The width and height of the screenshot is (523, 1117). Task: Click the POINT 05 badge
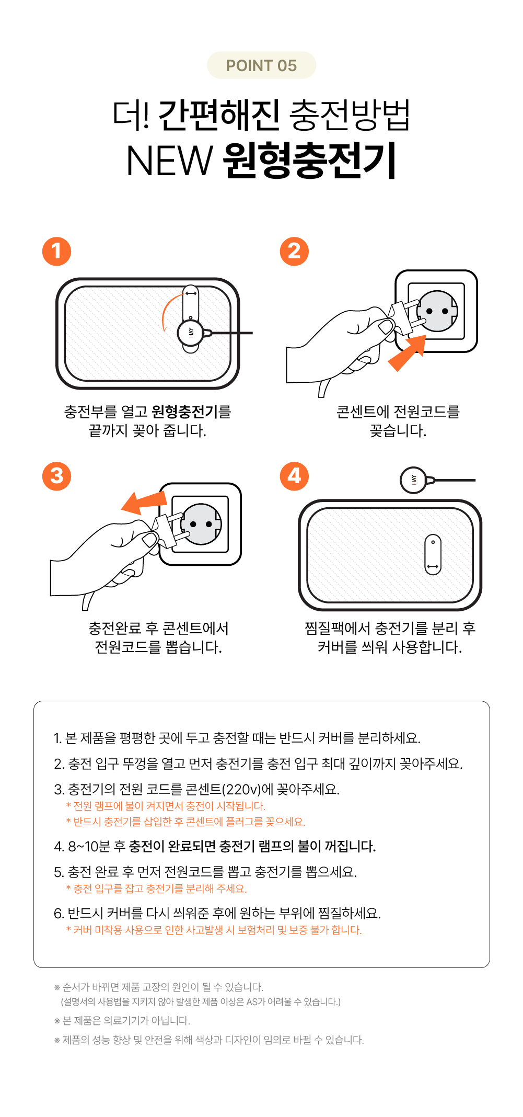tap(261, 65)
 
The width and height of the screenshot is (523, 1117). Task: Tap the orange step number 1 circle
tap(56, 252)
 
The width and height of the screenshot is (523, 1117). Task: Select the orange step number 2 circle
tap(294, 252)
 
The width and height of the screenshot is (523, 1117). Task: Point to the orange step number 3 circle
tap(56, 476)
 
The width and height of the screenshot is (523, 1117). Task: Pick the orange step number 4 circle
tap(294, 476)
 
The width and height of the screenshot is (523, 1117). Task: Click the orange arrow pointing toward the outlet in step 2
tap(407, 353)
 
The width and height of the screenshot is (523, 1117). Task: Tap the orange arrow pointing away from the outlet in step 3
tap(143, 502)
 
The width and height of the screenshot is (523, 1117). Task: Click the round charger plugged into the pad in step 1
tap(191, 333)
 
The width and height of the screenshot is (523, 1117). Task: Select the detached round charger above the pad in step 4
tap(413, 480)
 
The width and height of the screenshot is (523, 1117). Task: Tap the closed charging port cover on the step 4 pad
tap(433, 554)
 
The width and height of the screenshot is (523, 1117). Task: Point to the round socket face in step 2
tap(437, 311)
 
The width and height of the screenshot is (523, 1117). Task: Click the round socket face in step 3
tap(201, 524)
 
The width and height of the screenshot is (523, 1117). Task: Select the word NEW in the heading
tap(169, 161)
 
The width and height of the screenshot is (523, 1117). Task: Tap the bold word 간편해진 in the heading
tap(219, 115)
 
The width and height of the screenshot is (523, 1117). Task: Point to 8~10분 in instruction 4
tap(89, 846)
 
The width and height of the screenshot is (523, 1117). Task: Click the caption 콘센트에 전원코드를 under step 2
tap(398, 412)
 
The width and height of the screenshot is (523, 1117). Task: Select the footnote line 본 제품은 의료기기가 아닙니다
tap(126, 1020)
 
